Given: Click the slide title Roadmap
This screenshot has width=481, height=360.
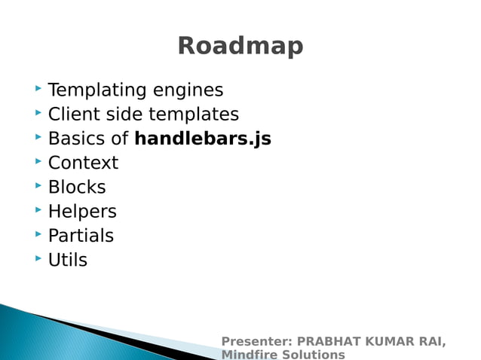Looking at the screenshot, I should click(x=240, y=46).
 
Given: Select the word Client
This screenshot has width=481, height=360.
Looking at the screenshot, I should click(x=73, y=114).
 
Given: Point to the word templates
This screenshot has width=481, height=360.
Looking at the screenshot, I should click(x=193, y=114).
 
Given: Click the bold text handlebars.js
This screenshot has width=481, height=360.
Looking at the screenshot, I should click(x=203, y=139).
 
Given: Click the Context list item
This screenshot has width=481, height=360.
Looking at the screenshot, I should click(x=83, y=163).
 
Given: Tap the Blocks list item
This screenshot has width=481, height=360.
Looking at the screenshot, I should click(x=77, y=187).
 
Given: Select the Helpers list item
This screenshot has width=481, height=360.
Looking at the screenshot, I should click(x=82, y=212).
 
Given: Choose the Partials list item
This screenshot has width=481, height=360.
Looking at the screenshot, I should click(x=81, y=236).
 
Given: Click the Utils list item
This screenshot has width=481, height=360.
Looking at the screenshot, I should click(x=68, y=260).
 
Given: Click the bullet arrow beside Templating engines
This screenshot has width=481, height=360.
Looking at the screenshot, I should click(x=38, y=90).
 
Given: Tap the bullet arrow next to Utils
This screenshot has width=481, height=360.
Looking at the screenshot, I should click(x=38, y=259).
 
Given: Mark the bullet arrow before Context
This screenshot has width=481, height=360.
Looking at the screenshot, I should click(x=38, y=162).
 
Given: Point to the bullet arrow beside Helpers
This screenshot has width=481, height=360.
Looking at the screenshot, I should click(x=38, y=211).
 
